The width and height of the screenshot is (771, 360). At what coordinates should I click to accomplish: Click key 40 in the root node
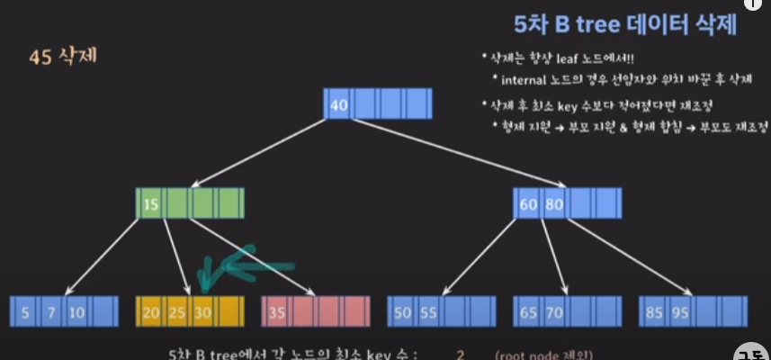pyautogui.click(x=339, y=104)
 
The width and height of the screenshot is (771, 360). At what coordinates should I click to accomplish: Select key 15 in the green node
pyautogui.click(x=150, y=204)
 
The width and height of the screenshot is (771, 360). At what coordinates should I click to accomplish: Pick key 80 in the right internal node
pyautogui.click(x=553, y=204)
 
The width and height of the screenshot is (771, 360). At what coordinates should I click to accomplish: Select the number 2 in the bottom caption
pyautogui.click(x=459, y=354)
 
